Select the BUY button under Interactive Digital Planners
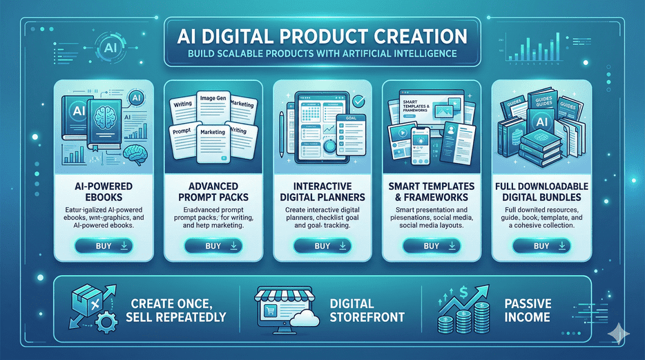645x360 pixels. click(322, 245)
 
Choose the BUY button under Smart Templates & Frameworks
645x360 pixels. click(431, 245)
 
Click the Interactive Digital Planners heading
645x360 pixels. click(322, 193)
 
